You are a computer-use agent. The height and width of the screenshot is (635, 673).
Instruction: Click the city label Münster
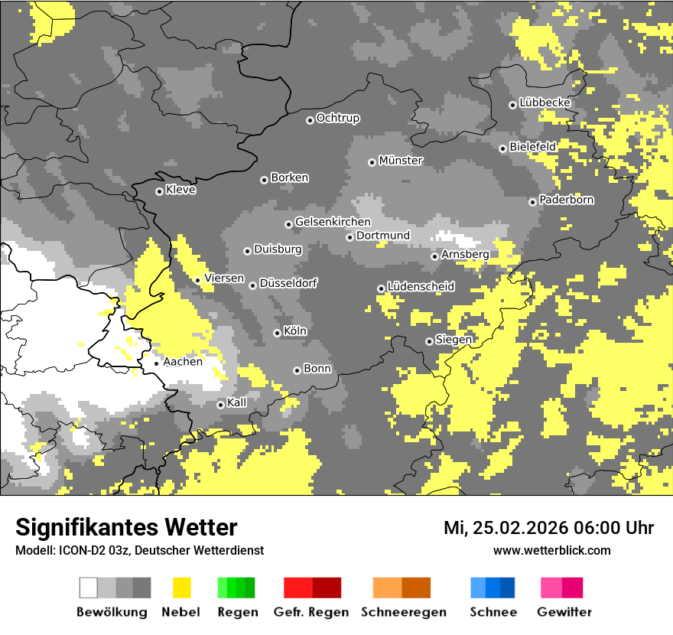[x=401, y=161]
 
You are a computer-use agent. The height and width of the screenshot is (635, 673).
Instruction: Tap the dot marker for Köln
[x=277, y=333]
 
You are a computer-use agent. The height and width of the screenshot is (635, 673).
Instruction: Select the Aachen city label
[x=183, y=362]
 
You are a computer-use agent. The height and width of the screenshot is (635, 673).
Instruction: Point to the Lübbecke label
[x=545, y=103]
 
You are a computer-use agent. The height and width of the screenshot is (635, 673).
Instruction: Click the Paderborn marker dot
[x=532, y=202]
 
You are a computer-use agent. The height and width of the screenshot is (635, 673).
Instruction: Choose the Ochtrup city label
[x=337, y=119]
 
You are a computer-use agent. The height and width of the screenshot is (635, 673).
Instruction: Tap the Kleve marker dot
[x=159, y=191]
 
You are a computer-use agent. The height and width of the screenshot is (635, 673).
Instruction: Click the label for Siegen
[x=454, y=340]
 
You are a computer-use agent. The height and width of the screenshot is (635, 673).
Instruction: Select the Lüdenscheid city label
[x=421, y=287]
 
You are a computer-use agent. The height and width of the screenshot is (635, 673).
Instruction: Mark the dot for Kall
[x=220, y=405]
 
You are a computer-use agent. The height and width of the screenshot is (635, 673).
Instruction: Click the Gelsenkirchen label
[x=333, y=222]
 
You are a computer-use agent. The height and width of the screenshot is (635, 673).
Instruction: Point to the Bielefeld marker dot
[x=502, y=148]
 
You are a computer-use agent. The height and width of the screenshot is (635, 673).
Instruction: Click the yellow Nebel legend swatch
[x=181, y=588]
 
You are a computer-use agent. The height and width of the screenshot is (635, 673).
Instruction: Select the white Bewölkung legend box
[x=89, y=588]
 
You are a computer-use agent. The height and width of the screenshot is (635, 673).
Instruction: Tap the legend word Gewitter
[x=564, y=612]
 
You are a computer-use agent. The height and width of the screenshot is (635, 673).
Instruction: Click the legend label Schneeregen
[x=404, y=612]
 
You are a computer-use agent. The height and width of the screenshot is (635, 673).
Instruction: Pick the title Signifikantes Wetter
[x=126, y=527]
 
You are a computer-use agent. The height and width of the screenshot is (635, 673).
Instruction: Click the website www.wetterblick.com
[x=551, y=550]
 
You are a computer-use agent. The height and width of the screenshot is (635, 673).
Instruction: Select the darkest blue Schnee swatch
[x=508, y=588]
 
